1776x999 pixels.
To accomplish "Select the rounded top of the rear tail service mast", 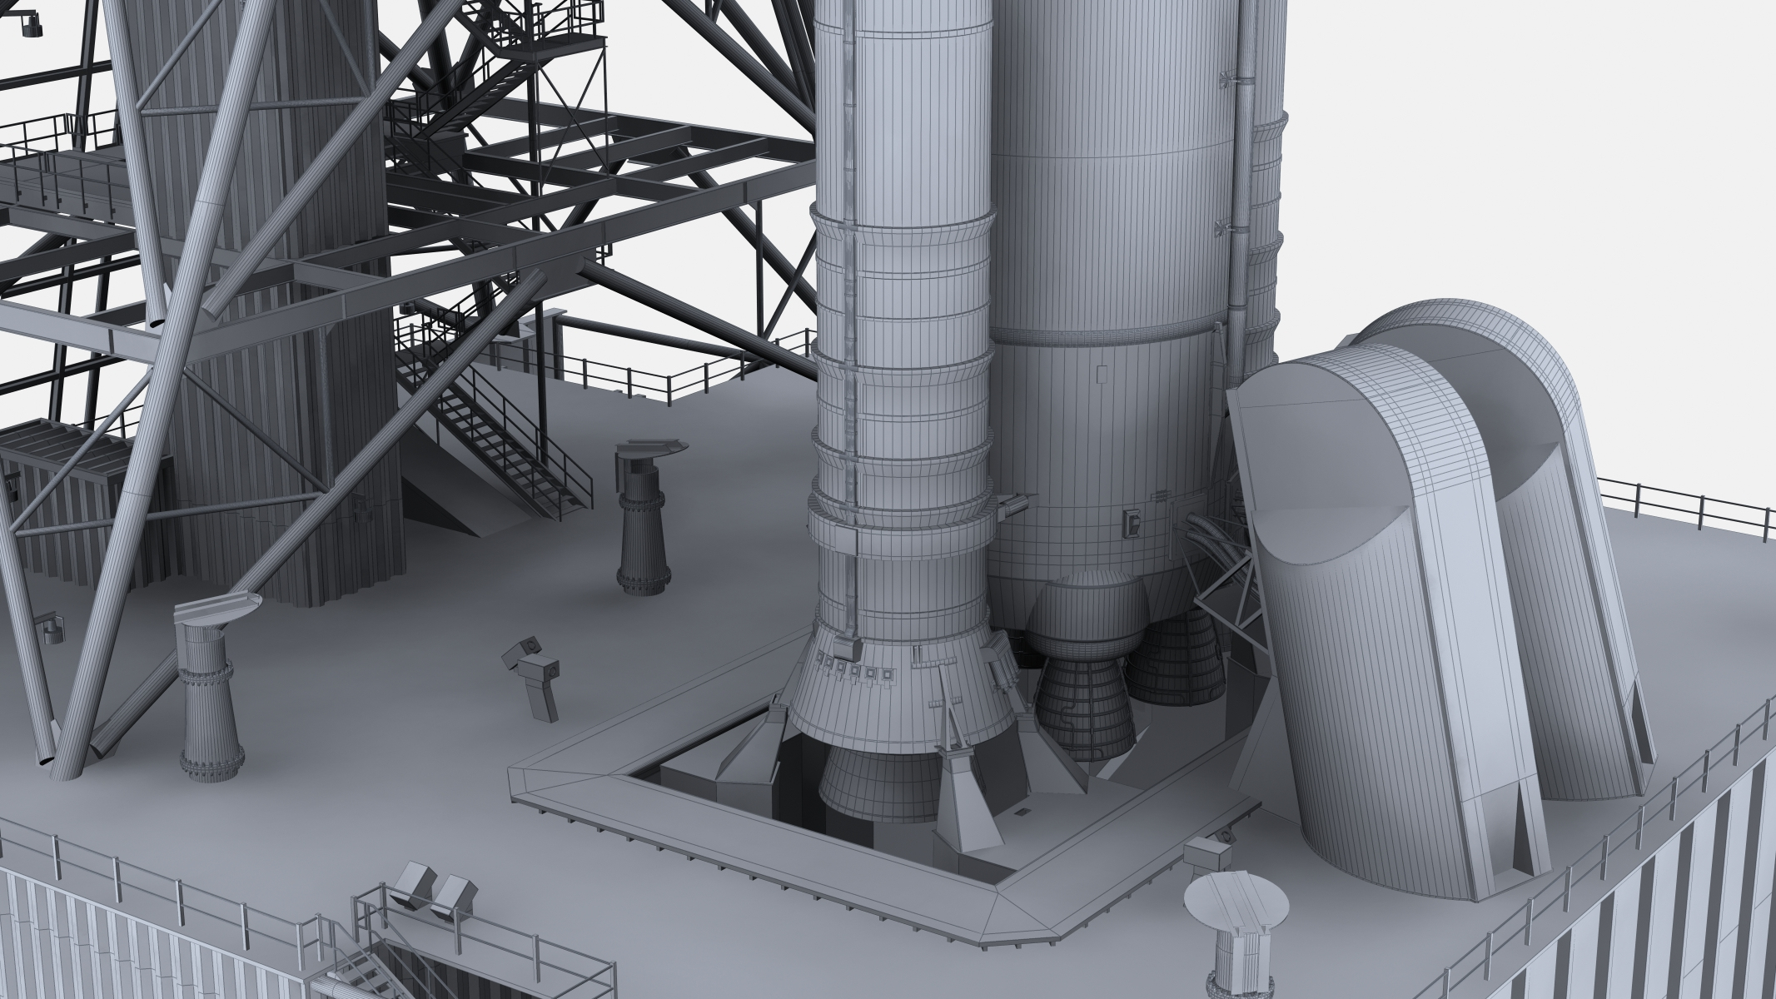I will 1465,350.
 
